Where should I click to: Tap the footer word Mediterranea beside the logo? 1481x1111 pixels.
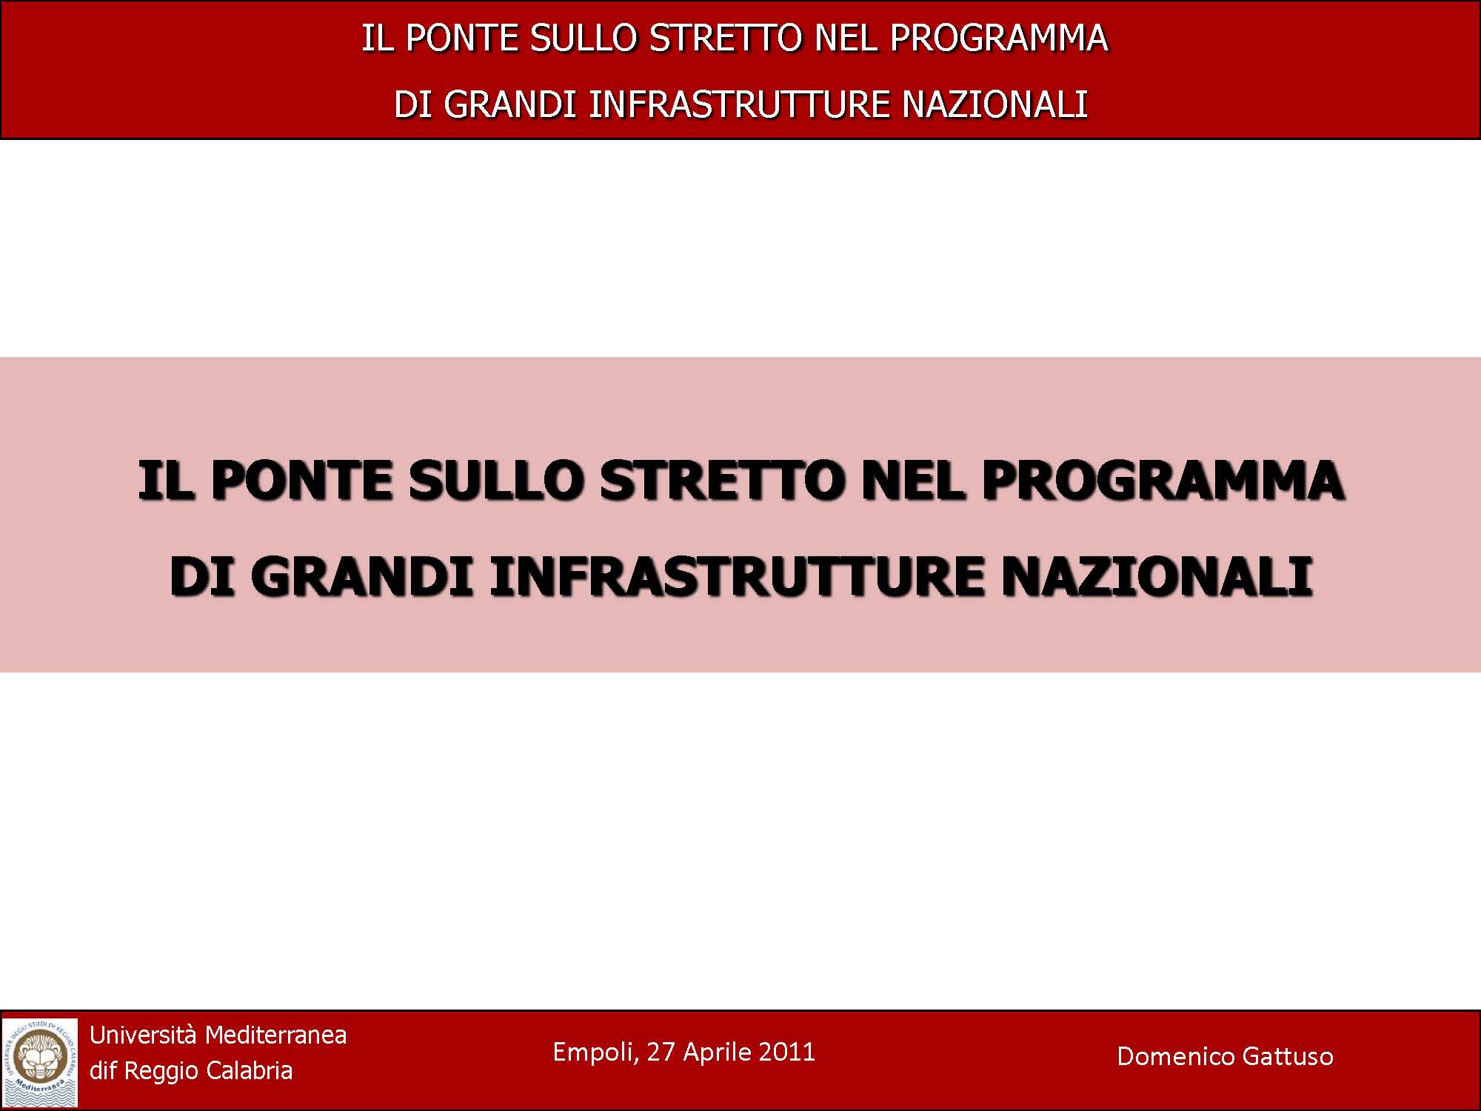click(x=275, y=1035)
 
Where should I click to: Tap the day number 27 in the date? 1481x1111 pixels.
click(x=661, y=1052)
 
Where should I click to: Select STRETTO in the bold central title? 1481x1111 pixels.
click(x=723, y=481)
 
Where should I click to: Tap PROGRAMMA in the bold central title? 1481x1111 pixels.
click(x=1163, y=481)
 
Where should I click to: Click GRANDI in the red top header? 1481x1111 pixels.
click(x=510, y=104)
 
